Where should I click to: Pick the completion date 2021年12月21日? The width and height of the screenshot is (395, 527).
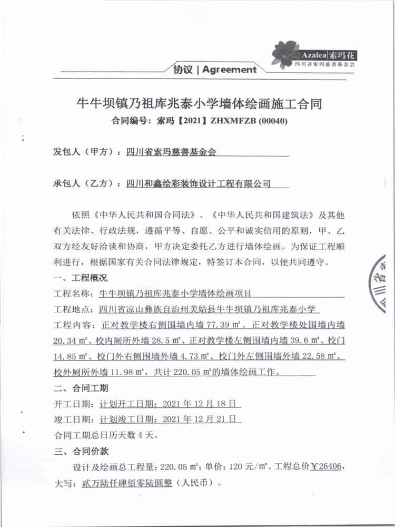click(x=202, y=420)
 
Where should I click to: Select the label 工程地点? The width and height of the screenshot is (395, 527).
click(x=72, y=309)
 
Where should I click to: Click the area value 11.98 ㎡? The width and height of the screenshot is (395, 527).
click(x=129, y=373)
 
